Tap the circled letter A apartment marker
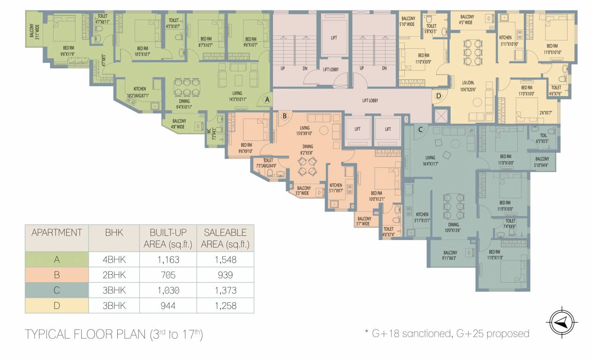pos(267,99)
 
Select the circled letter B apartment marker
pos(284,115)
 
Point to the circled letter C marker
pos(421,129)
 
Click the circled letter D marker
pos(439,97)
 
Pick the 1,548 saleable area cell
pos(226,259)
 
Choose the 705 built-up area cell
pos(168,275)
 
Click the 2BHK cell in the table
pos(114,275)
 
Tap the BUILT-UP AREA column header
pos(168,238)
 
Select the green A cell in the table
pos(56,259)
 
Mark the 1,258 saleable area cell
pos(226,306)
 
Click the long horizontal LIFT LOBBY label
pos(370,101)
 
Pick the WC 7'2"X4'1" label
pos(212,133)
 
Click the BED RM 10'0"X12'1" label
pos(378,196)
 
